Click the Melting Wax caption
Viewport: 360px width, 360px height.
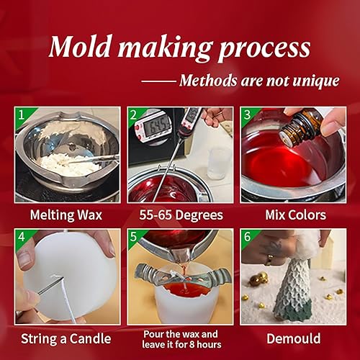(66, 215)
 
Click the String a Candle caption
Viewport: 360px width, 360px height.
(66, 336)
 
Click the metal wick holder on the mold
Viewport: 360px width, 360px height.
(180, 277)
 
